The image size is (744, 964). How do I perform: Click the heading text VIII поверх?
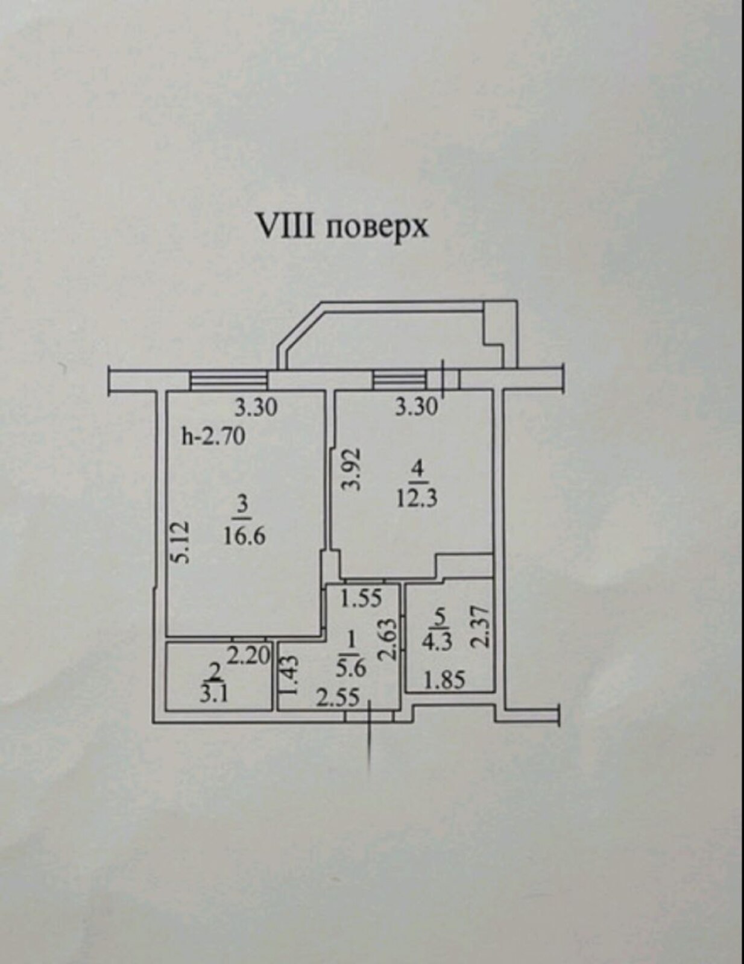tap(342, 227)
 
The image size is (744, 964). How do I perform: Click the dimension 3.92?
tap(352, 469)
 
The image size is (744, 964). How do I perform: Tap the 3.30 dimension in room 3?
tap(256, 408)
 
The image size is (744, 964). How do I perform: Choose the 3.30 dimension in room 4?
tap(416, 407)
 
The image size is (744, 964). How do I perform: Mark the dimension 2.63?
tap(389, 640)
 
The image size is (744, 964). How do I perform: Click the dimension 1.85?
tap(444, 680)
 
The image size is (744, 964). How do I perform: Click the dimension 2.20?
tap(248, 654)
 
